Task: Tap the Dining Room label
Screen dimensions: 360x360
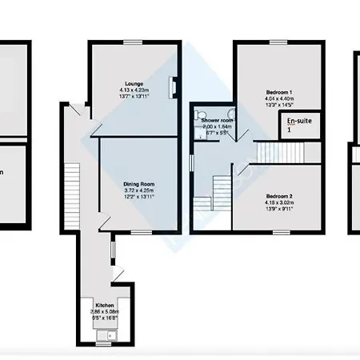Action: coord(138,184)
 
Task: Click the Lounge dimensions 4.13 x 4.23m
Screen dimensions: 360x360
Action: coord(134,89)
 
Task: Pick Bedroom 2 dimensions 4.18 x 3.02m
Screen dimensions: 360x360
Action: coord(280,202)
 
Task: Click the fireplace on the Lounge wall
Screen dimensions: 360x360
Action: coord(170,86)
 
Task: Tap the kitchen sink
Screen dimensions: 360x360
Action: coord(105,336)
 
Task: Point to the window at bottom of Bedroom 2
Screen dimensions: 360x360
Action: coord(277,231)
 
